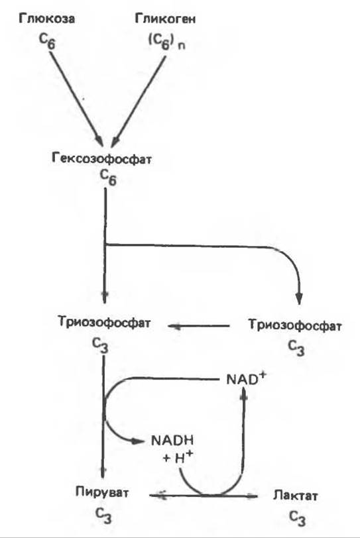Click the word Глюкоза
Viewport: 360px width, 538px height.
point(46,19)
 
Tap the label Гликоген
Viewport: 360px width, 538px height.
point(166,19)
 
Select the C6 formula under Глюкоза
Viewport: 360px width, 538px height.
point(46,41)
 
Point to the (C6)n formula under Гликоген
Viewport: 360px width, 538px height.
point(167,42)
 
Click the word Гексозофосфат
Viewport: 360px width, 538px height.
point(101,158)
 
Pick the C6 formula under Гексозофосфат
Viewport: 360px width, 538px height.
point(108,178)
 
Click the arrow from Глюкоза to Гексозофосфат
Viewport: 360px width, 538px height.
point(76,99)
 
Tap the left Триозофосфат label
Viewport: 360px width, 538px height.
point(104,323)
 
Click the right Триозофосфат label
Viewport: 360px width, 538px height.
point(295,325)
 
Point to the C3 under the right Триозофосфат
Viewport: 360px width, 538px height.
point(296,348)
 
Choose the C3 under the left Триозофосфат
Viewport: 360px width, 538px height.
point(100,345)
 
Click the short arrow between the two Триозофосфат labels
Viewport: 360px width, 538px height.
point(199,326)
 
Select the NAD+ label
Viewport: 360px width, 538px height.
point(247,379)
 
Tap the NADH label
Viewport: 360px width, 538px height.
point(172,440)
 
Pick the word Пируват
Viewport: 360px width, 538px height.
point(102,492)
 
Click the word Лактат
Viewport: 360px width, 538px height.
point(296,496)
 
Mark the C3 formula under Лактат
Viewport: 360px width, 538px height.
point(297,518)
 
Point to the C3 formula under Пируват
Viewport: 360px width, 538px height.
point(103,515)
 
